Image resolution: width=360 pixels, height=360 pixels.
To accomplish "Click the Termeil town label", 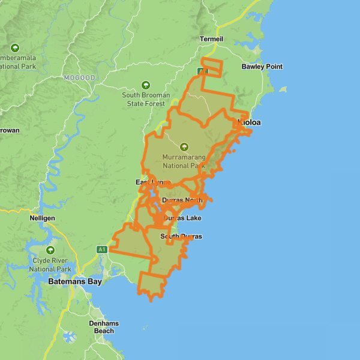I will [211, 39].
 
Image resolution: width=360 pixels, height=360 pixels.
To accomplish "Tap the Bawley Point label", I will [262, 67].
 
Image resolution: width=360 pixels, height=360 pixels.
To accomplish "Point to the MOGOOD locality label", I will [80, 78].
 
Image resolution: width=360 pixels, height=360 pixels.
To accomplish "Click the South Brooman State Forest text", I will [146, 100].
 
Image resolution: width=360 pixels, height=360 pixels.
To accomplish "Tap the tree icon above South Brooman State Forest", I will [145, 85].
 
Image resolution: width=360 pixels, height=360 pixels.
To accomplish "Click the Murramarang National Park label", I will [184, 161].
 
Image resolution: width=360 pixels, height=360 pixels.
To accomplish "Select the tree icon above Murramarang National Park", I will [184, 146].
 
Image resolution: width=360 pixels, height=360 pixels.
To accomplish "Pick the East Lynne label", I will [153, 182].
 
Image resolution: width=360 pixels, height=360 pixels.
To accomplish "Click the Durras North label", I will [186, 200].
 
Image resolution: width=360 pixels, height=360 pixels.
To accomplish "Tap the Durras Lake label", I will [182, 218].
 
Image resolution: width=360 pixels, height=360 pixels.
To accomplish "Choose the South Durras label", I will [181, 236].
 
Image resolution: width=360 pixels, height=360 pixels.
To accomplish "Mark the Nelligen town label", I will [42, 219].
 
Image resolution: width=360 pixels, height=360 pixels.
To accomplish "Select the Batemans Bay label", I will [76, 281].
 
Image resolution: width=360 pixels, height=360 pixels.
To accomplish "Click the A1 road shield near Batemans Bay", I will [101, 249].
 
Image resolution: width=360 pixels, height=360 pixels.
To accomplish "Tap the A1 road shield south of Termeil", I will [203, 71].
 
